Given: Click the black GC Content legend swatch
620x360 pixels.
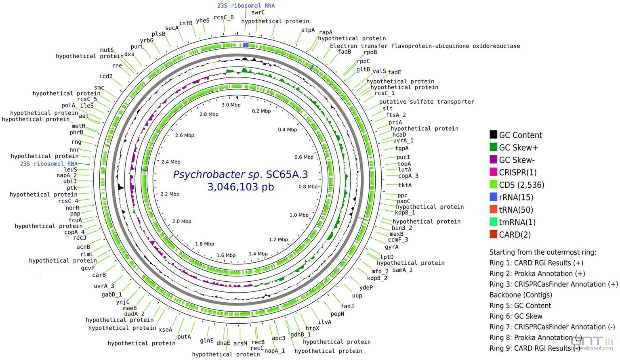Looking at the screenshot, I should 493,135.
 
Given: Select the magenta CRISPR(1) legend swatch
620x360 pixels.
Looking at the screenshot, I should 493,172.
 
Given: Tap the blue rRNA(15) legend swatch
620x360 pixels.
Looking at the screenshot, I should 493,197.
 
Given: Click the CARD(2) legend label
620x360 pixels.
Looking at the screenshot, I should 515,234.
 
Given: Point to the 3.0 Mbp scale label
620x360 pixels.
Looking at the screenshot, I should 231,105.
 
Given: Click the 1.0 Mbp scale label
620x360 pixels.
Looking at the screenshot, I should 299,215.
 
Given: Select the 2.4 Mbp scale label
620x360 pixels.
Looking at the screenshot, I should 171,162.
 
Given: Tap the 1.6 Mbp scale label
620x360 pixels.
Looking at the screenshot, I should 226,255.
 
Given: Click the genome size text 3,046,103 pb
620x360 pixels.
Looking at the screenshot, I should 241,187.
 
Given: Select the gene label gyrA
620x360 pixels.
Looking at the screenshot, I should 391,247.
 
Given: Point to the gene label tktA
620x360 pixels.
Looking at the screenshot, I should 405,185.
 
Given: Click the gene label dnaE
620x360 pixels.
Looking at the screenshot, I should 223,343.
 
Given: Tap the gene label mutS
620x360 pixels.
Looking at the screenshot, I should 107,50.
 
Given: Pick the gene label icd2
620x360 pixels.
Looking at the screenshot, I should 106,76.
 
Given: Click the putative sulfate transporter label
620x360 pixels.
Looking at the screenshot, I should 427,102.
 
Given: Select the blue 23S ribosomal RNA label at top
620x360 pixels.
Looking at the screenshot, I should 246,6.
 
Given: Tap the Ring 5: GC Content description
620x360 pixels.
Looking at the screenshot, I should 520,306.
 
